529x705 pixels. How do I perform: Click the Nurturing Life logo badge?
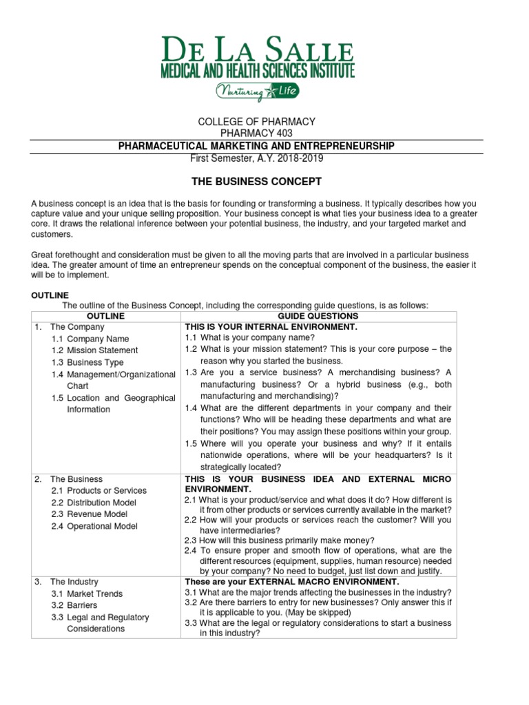[256, 91]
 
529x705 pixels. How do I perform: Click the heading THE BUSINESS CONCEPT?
[256, 182]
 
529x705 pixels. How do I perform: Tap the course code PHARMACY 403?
[256, 134]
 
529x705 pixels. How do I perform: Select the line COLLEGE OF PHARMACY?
[256, 122]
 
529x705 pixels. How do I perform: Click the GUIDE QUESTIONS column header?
[318, 316]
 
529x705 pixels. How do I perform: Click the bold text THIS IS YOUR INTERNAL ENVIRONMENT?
[271, 327]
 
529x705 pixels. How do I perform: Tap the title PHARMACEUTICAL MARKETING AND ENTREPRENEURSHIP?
[256, 146]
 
